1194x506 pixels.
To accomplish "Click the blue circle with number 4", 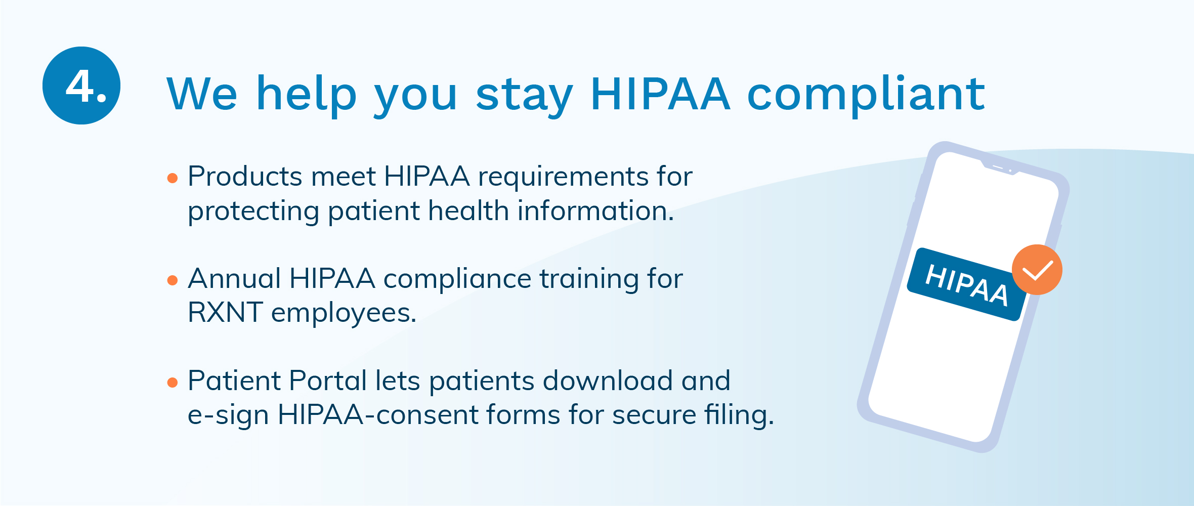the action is pos(81,86).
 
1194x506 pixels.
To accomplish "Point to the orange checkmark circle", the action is pos(1037,270).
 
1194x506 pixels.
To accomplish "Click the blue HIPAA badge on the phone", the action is pos(966,284).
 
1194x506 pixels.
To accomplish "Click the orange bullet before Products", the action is pos(173,178).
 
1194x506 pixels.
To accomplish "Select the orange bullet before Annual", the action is pos(173,280).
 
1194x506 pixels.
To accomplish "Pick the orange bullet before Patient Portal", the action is pos(173,382).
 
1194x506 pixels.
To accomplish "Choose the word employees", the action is pos(344,314).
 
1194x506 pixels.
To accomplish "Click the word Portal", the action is pos(328,381).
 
